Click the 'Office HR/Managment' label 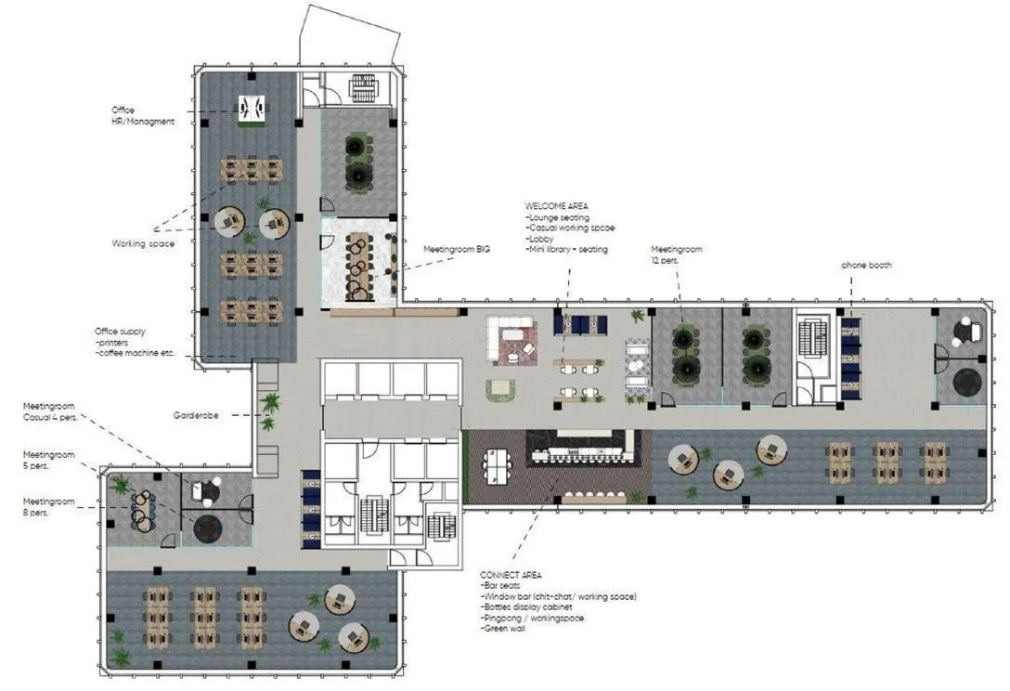pyautogui.click(x=142, y=116)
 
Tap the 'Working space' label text pyautogui.click(x=143, y=244)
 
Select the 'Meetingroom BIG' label pyautogui.click(x=456, y=250)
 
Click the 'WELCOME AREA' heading pyautogui.click(x=557, y=206)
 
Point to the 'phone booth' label pyautogui.click(x=866, y=266)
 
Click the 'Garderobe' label pyautogui.click(x=196, y=415)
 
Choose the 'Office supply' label pyautogui.click(x=120, y=332)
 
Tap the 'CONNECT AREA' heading pyautogui.click(x=511, y=575)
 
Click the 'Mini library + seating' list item pyautogui.click(x=566, y=249)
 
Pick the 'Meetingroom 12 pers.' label pyautogui.click(x=676, y=255)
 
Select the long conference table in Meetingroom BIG pyautogui.click(x=356, y=266)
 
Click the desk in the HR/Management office pyautogui.click(x=251, y=109)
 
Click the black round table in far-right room pyautogui.click(x=966, y=381)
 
